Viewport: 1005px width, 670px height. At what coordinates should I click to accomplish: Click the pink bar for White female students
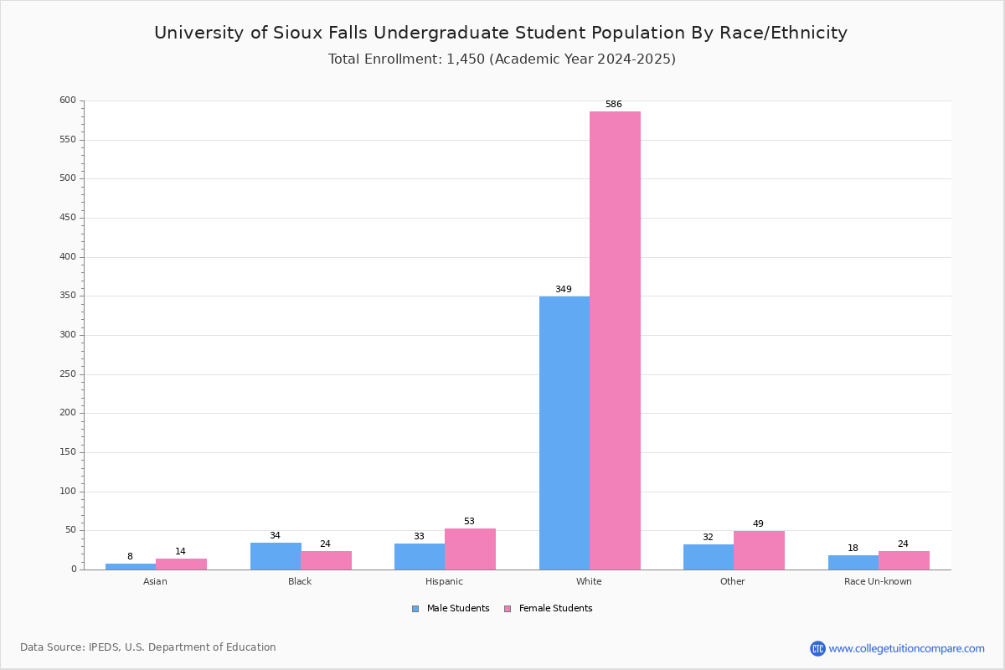tap(615, 341)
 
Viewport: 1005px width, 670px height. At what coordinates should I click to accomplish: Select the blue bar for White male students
tap(564, 433)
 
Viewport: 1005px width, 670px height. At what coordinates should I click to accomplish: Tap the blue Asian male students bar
tap(131, 567)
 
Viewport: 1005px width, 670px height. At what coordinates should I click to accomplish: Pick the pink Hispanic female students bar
tap(470, 549)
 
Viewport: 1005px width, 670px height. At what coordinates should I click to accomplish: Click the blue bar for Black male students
tap(276, 556)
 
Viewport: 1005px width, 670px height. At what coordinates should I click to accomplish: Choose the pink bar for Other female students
tap(759, 550)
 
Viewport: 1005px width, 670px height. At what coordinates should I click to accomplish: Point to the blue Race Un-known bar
tap(853, 563)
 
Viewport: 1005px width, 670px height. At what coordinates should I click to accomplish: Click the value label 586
tap(614, 104)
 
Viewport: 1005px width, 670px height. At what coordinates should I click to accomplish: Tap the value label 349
tap(564, 289)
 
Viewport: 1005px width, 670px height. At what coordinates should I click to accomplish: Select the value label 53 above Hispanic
tap(469, 521)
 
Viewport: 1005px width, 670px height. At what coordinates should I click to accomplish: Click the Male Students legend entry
tap(451, 609)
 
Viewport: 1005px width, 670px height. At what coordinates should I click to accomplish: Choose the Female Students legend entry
tap(549, 609)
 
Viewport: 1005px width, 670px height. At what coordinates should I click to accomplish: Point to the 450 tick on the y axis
tap(68, 218)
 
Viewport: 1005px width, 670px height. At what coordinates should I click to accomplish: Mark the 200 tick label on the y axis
tap(68, 413)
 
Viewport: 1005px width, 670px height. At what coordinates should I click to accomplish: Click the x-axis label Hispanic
tap(444, 581)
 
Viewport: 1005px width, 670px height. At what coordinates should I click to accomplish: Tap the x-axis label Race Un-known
tap(878, 581)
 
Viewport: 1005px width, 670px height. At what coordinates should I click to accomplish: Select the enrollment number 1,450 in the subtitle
tap(466, 59)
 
